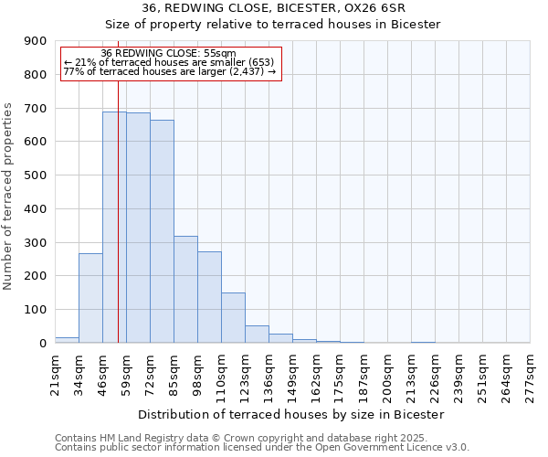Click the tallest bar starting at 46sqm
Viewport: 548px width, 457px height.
coord(114,228)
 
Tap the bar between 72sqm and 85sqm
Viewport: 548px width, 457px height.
coord(162,231)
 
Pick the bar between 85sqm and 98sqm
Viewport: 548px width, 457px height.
coord(185,290)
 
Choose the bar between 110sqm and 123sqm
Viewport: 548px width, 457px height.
coord(233,318)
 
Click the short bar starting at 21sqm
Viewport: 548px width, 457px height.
coord(67,340)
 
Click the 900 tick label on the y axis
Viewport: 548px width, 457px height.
coord(36,41)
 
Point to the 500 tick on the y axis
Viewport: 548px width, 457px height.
coord(36,175)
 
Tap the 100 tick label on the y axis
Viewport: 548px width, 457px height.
coord(36,310)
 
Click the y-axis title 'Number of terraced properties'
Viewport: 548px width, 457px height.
coord(9,197)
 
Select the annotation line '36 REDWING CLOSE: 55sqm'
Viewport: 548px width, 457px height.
coord(168,54)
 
